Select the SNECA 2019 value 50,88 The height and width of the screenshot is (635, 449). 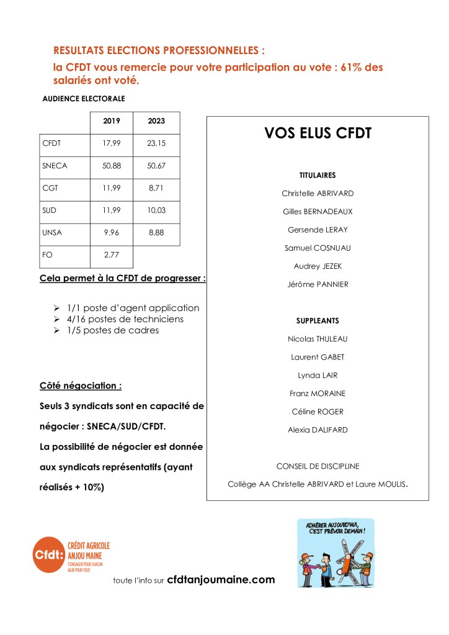click(111, 166)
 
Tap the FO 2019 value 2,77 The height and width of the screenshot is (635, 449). click(111, 255)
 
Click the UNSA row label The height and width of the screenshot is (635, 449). click(52, 233)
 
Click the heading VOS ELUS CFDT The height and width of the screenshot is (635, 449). click(318, 133)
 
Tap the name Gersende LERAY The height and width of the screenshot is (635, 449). click(318, 230)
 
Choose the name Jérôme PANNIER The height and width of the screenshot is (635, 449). click(318, 284)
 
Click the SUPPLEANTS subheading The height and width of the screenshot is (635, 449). click(318, 321)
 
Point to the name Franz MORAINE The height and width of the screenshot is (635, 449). click(318, 394)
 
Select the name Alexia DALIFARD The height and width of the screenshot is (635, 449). click(318, 430)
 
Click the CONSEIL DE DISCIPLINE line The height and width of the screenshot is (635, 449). click(318, 466)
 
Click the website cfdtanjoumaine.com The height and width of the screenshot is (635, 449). click(221, 580)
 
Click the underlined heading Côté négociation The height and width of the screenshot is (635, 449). click(81, 385)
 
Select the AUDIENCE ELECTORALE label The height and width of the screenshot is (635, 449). click(83, 99)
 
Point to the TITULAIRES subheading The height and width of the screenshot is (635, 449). click(318, 175)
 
